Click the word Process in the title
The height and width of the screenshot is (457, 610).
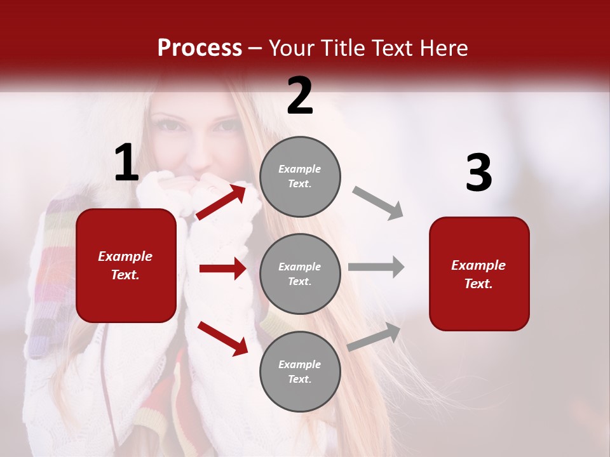pyautogui.click(x=200, y=48)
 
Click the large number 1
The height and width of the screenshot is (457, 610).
pyautogui.click(x=126, y=163)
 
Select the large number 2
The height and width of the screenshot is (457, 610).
pyautogui.click(x=300, y=96)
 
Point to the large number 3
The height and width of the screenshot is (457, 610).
pyautogui.click(x=478, y=173)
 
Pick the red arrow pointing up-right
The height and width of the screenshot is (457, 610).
pyautogui.click(x=221, y=201)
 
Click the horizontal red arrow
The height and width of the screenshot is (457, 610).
pyautogui.click(x=222, y=268)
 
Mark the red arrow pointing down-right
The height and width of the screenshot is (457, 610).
pyautogui.click(x=222, y=338)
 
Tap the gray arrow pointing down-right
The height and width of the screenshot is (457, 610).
pyautogui.click(x=378, y=202)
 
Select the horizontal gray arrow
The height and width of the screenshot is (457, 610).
pyautogui.click(x=376, y=267)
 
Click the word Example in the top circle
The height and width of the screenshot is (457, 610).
pyautogui.click(x=300, y=169)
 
